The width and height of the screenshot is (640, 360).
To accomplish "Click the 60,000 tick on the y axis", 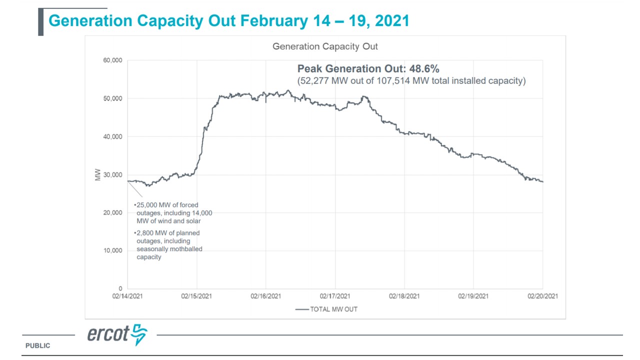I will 113,60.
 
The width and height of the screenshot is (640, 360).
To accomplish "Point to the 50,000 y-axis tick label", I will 113,98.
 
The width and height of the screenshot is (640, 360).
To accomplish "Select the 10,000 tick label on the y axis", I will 113,250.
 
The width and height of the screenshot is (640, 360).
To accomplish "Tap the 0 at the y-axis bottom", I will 120,288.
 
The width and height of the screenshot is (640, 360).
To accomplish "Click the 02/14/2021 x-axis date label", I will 127,296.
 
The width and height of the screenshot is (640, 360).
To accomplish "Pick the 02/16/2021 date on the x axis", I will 265,296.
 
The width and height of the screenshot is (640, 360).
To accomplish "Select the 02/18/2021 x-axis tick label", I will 404,296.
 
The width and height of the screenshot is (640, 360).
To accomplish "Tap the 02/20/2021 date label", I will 542,296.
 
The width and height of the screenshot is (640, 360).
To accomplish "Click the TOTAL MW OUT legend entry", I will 333,309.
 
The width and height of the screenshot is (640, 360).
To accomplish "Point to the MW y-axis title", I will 97,175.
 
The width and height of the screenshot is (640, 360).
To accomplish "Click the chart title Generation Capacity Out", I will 325,46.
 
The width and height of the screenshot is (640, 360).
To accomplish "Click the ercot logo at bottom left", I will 117,334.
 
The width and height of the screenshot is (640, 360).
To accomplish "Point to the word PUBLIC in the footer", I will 38,345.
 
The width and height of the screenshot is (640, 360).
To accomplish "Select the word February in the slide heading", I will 274,21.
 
